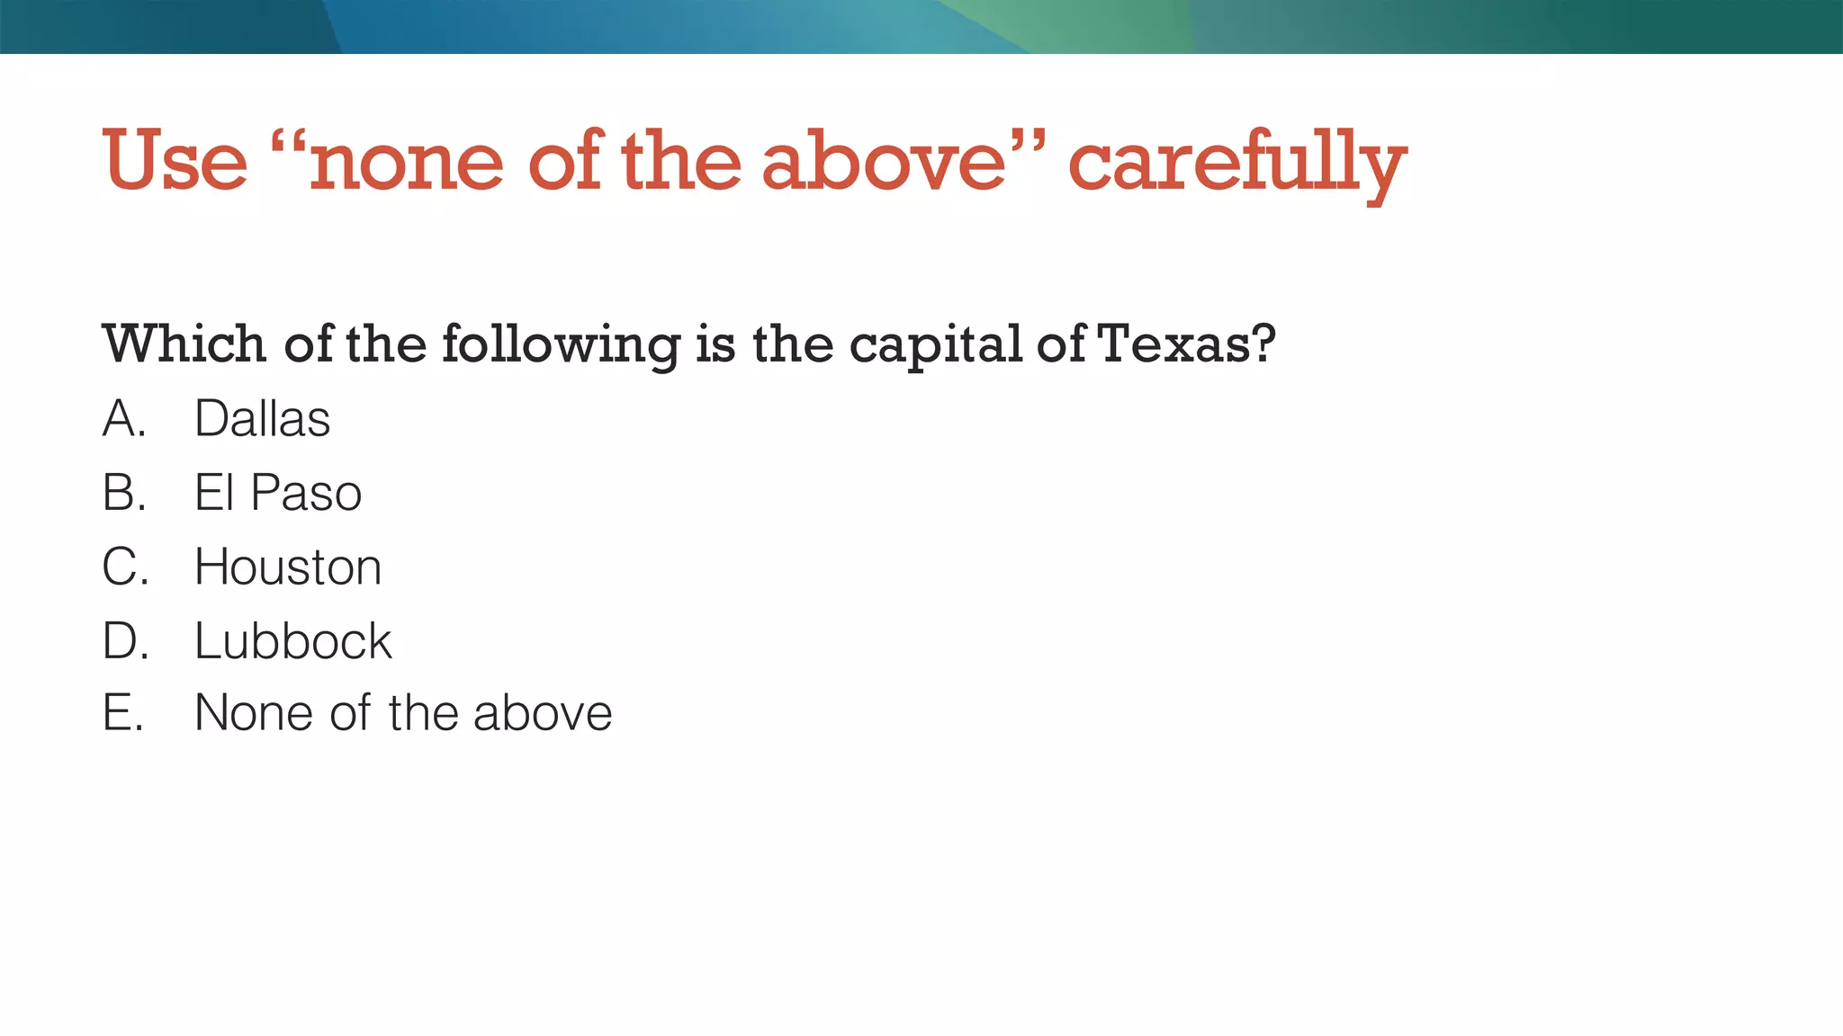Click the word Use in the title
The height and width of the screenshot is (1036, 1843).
[x=175, y=162]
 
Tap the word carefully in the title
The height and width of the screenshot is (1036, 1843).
[x=1236, y=164]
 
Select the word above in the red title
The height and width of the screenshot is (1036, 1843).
[x=883, y=162]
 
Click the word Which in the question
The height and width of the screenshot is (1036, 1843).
[x=184, y=344]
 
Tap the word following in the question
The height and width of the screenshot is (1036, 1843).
[x=561, y=345]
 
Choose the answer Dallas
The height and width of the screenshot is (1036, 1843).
[x=262, y=419]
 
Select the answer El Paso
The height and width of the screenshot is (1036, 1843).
[x=277, y=493]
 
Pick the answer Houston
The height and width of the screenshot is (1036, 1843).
[x=288, y=567]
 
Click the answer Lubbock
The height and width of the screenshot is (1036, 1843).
[x=292, y=641]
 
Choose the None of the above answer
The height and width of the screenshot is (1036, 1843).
[x=403, y=713]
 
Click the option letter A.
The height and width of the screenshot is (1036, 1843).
[x=123, y=419]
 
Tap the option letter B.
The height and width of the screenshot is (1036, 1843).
[x=123, y=493]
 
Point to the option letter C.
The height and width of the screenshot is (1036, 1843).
[x=124, y=567]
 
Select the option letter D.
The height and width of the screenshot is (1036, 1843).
[x=124, y=641]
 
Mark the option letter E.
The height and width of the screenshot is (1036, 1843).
[x=122, y=713]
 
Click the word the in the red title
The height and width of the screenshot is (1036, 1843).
[x=680, y=162]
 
